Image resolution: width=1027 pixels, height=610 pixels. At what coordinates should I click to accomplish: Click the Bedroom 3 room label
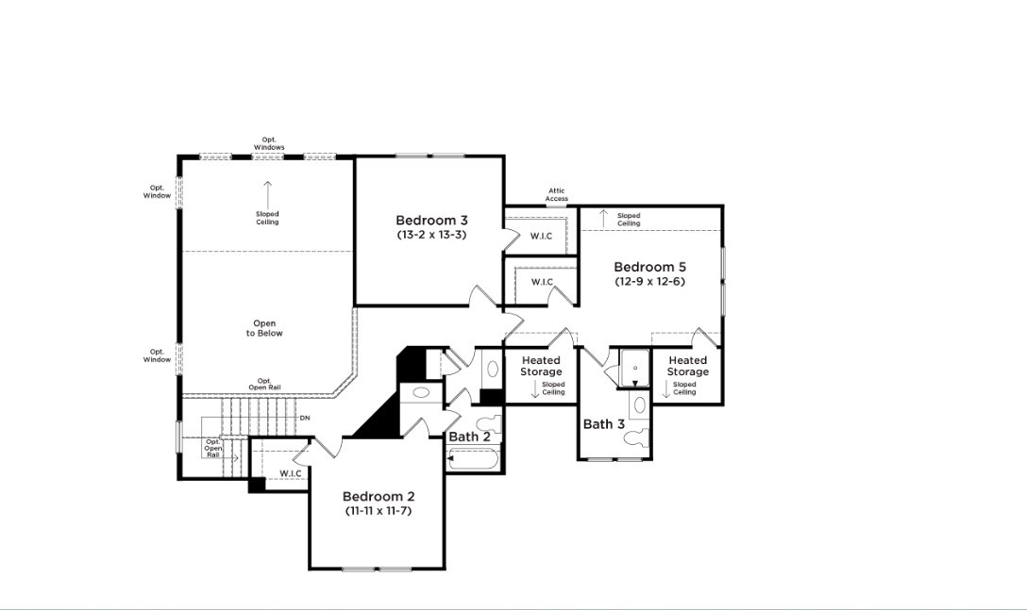(x=431, y=221)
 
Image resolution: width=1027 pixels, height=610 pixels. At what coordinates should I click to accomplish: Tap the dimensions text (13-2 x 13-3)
(x=431, y=235)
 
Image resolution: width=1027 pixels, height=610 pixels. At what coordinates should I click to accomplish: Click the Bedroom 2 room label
(x=378, y=496)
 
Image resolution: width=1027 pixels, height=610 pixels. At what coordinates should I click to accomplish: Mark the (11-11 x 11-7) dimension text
(x=378, y=510)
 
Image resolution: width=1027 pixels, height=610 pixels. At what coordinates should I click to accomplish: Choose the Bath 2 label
(x=469, y=437)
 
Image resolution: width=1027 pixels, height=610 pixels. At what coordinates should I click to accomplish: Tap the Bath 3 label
(x=603, y=424)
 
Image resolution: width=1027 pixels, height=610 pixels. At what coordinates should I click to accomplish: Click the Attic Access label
(x=557, y=195)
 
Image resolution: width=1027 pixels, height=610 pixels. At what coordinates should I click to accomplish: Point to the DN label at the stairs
(x=304, y=418)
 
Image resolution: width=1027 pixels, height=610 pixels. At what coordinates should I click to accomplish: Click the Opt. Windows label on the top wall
(x=269, y=143)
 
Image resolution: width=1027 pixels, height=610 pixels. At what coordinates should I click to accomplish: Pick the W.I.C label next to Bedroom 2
(x=290, y=473)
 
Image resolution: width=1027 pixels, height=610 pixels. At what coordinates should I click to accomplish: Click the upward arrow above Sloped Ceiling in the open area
(x=267, y=192)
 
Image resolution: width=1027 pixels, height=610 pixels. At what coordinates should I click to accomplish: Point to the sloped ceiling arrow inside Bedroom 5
(x=603, y=219)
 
